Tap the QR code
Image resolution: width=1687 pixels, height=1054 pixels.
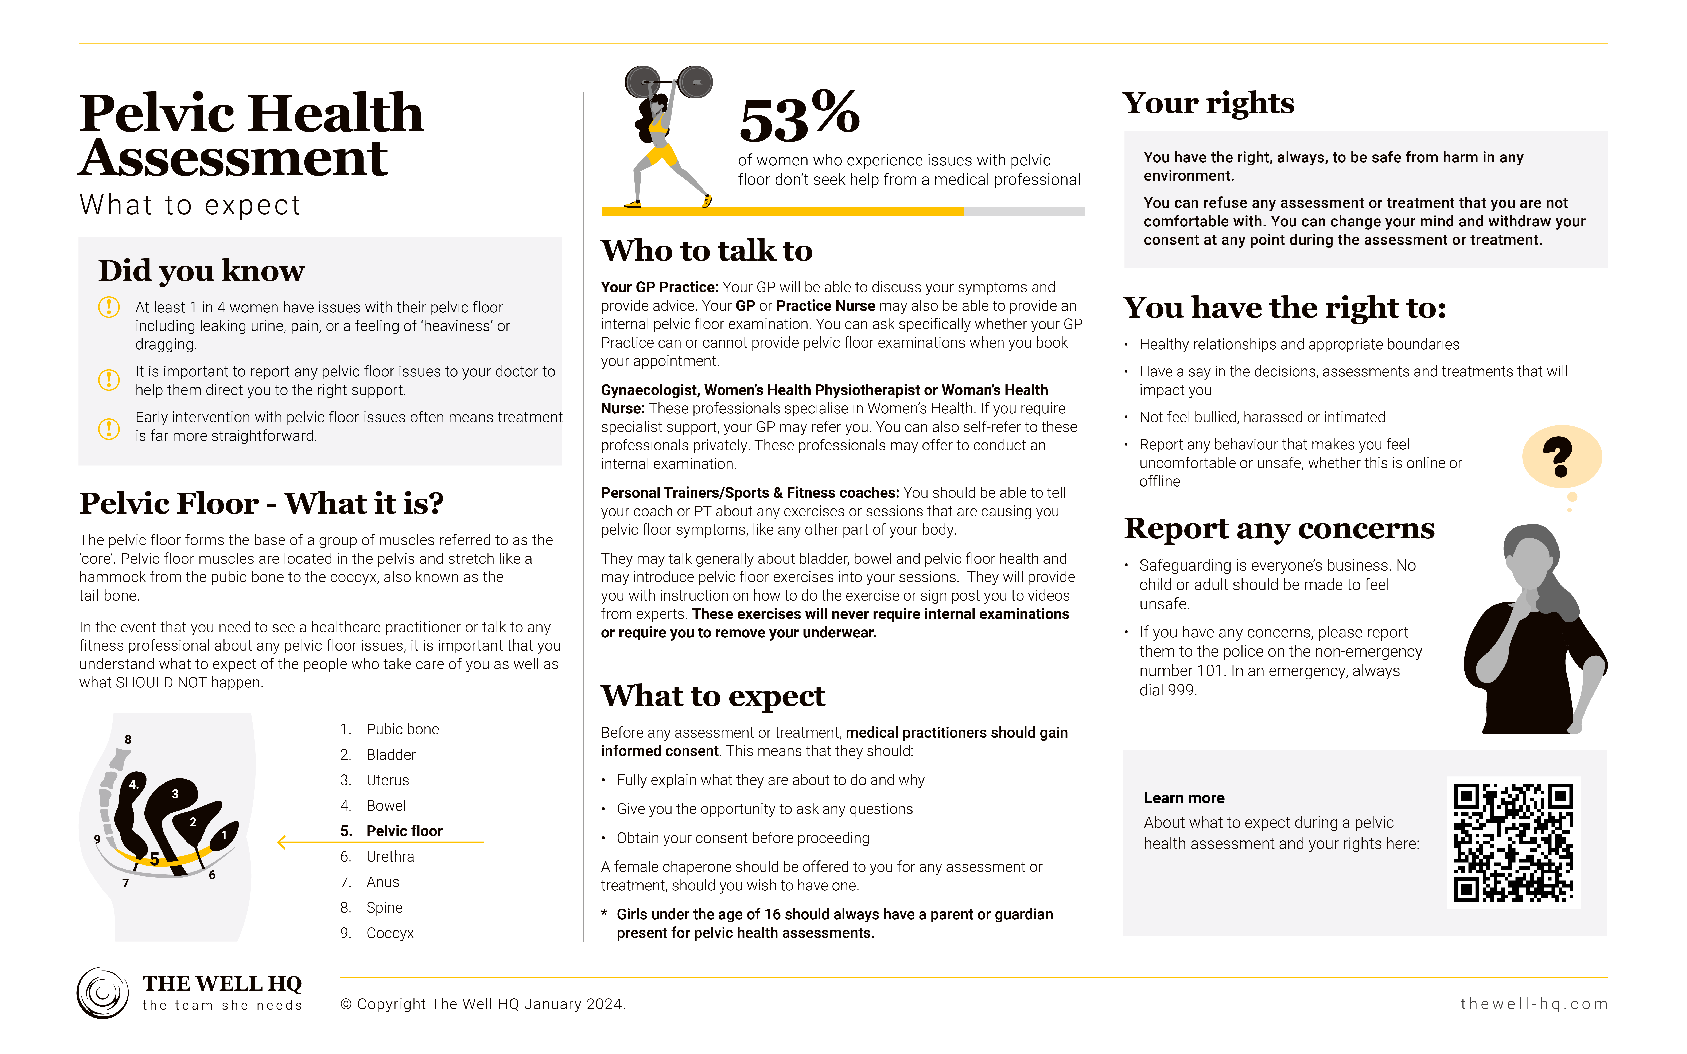1513,842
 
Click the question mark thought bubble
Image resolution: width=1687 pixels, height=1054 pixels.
1562,457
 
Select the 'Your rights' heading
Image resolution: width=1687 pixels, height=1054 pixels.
1208,104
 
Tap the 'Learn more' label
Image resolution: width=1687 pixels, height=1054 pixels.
1184,798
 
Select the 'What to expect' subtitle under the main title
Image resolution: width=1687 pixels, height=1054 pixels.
190,206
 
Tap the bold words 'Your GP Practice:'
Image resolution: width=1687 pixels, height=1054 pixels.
659,287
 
